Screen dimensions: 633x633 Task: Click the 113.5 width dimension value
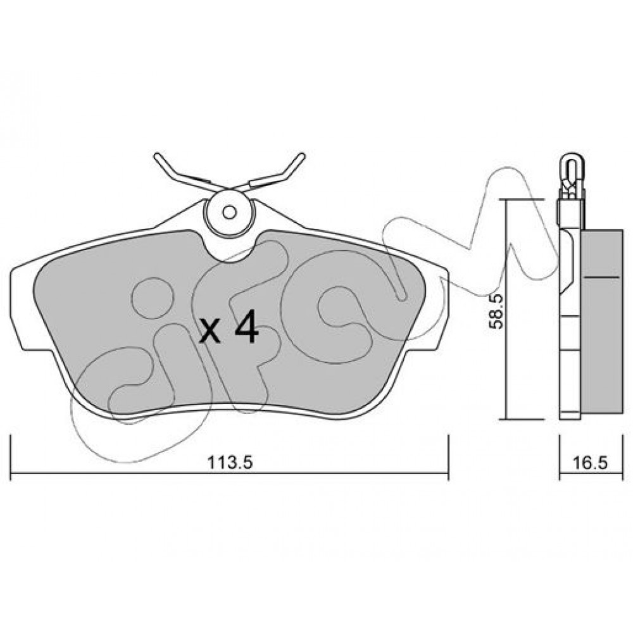[x=230, y=462]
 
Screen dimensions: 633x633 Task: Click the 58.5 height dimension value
[x=496, y=311]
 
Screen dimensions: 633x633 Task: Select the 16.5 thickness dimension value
[x=589, y=462]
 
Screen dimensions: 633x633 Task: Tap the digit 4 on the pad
[x=247, y=327]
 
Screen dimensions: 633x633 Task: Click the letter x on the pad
[x=211, y=332]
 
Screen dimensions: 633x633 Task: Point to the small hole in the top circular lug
[x=230, y=212]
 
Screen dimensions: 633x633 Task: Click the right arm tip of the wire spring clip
[x=303, y=155]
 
